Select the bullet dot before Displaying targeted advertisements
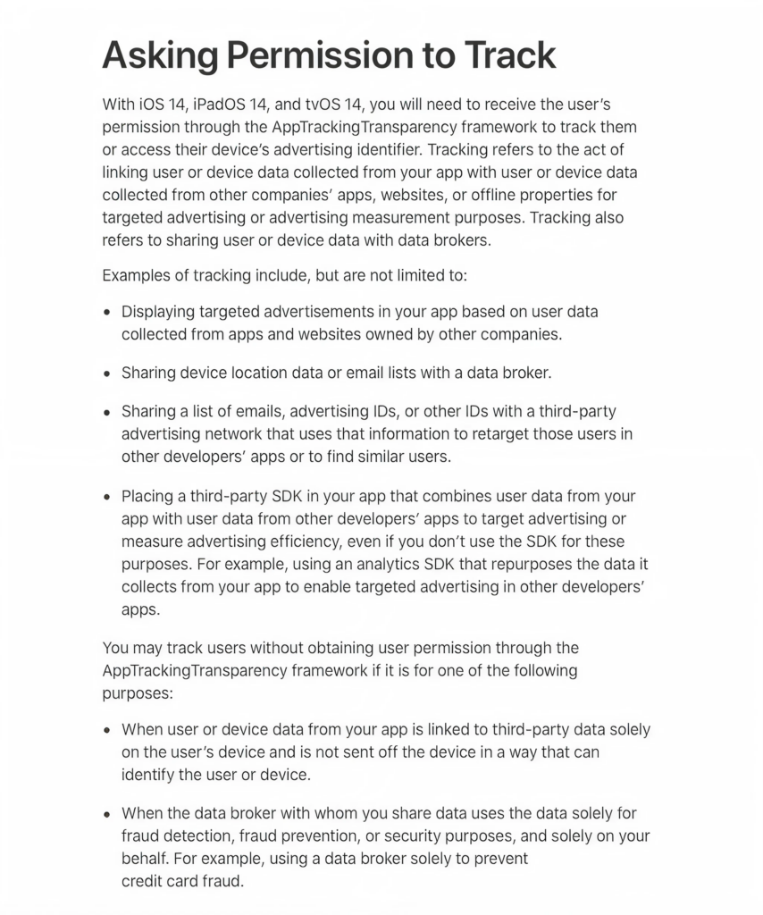click(x=107, y=313)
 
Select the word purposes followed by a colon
click(x=135, y=693)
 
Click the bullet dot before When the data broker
click(x=107, y=815)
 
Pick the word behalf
click(x=143, y=859)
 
